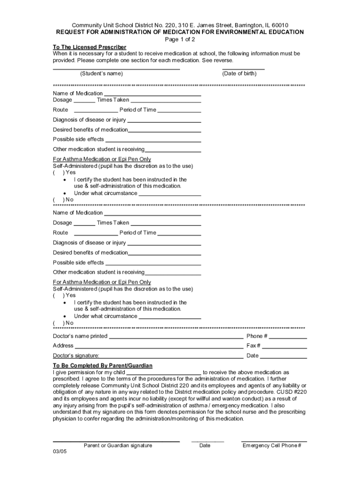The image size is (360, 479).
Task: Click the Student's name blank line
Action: (x=116, y=69)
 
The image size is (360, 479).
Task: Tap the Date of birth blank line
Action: (x=243, y=69)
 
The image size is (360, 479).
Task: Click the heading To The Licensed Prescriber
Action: (x=89, y=47)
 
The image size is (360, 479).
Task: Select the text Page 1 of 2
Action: (x=180, y=39)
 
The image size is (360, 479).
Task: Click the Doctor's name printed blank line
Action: (x=176, y=338)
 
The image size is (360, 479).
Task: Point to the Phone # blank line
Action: (x=288, y=338)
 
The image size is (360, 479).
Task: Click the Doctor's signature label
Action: (x=76, y=356)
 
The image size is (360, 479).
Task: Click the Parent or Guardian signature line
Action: (x=116, y=441)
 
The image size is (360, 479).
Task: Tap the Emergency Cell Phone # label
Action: (x=272, y=446)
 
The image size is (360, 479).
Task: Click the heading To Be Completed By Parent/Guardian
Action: (x=102, y=365)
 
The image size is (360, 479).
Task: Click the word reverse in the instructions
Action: (x=222, y=61)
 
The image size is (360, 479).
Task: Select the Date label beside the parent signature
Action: (x=205, y=446)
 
